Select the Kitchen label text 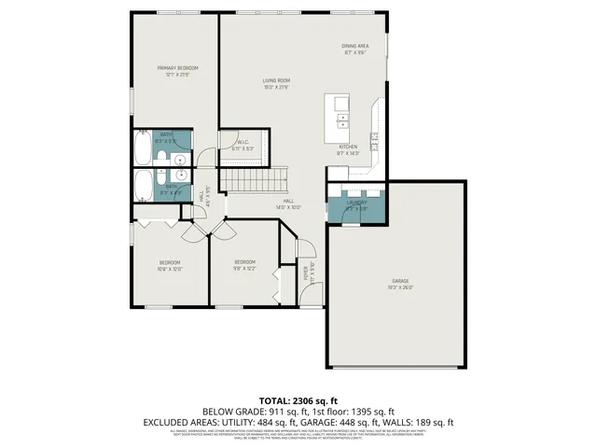(x=347, y=147)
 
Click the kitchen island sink (x=342, y=119)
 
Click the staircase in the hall (x=255, y=181)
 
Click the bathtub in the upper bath (x=142, y=147)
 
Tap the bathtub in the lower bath (x=144, y=187)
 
